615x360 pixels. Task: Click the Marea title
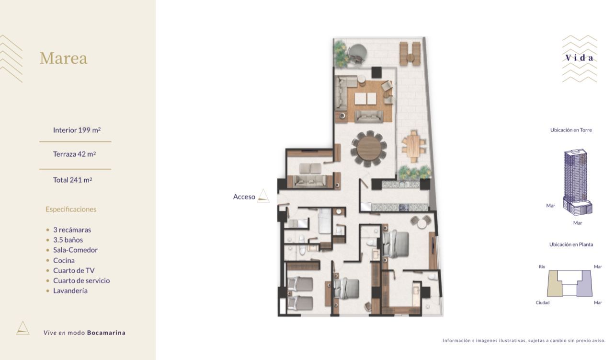[63, 58]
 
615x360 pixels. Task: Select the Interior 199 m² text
[77, 130]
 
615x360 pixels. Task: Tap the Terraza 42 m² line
[74, 154]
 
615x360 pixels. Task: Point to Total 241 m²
[72, 180]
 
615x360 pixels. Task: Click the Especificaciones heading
[71, 209]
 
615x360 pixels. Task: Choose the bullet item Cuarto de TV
[74, 270]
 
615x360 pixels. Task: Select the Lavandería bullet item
[70, 291]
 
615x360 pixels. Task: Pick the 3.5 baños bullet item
[68, 240]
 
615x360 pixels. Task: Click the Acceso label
[244, 197]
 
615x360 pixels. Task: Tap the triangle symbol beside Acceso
[263, 196]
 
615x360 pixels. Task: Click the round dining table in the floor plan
[369, 149]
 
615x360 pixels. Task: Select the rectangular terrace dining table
[414, 146]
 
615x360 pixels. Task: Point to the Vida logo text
[579, 58]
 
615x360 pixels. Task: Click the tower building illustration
[577, 182]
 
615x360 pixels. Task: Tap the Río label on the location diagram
[542, 267]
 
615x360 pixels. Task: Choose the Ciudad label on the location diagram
[543, 302]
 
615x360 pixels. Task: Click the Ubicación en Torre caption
[571, 130]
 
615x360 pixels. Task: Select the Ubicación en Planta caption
[571, 244]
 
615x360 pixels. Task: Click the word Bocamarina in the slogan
[106, 333]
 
